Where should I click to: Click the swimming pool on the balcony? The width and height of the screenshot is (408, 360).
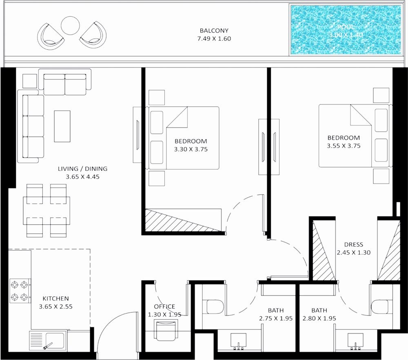coord(346,30)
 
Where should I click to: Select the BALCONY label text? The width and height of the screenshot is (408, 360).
coord(214,31)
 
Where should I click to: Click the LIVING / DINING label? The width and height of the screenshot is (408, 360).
coord(83,169)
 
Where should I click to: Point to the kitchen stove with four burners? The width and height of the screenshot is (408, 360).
coord(20,290)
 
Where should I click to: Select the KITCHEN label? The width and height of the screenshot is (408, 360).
coord(55,298)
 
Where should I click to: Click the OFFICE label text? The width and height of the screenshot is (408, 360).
coord(164,307)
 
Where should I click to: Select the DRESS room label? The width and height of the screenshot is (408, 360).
coord(353,245)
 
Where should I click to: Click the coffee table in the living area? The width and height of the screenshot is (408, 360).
coord(62,126)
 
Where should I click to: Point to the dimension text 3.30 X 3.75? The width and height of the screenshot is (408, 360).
coord(191,149)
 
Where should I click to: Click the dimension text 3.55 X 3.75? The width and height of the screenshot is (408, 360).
coord(344,145)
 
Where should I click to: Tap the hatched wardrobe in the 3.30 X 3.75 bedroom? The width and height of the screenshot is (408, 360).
coord(183,220)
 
